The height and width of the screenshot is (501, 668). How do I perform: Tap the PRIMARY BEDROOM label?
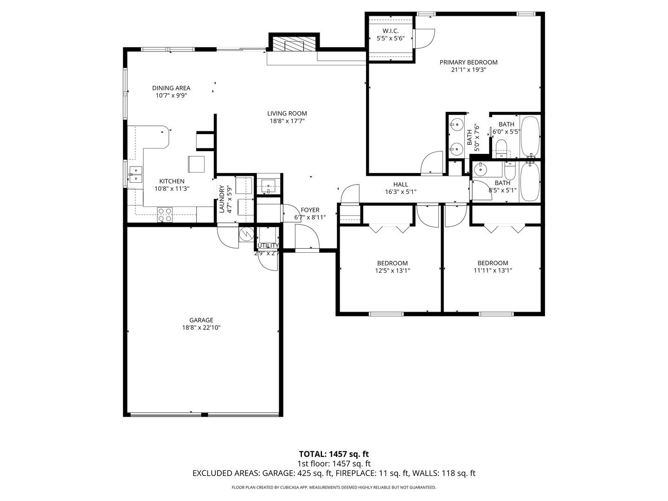[469, 62]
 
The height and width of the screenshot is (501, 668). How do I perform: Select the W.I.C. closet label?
[391, 31]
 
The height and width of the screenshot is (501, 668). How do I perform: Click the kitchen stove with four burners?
[165, 214]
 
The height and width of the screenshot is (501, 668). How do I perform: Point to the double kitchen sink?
[136, 174]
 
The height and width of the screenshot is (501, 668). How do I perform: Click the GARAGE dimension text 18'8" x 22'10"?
[201, 328]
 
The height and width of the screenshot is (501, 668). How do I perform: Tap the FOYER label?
[310, 210]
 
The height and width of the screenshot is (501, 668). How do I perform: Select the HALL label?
[400, 184]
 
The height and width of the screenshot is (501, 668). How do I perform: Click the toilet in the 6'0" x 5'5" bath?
[501, 148]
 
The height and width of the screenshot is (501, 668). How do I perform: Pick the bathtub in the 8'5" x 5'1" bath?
[530, 182]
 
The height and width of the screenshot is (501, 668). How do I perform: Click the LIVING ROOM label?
[287, 114]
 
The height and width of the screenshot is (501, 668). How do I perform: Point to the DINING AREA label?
[171, 88]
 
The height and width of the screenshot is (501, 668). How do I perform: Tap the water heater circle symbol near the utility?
[246, 234]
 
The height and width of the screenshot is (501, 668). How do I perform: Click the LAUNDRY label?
[222, 199]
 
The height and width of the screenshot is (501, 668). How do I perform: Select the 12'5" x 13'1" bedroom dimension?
[392, 271]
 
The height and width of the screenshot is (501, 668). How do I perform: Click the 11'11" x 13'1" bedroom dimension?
[493, 271]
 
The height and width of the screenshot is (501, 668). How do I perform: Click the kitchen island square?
[196, 164]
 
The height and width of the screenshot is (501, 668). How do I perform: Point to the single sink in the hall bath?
[480, 169]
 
